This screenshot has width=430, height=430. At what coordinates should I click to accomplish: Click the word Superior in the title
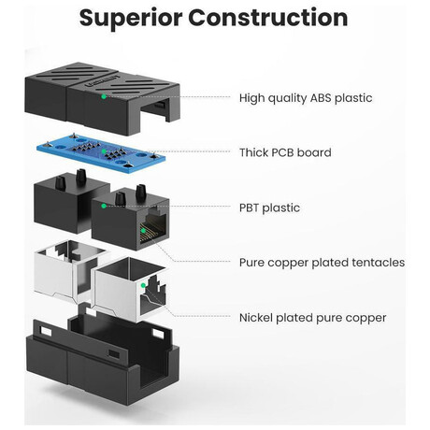[x=131, y=19]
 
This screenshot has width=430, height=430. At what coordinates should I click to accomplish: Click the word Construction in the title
[x=268, y=17]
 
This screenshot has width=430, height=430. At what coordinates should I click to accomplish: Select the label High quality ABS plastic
[x=306, y=98]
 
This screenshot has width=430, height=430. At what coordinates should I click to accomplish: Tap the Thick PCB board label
[x=285, y=152]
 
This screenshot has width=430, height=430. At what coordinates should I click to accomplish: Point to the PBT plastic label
[x=269, y=208]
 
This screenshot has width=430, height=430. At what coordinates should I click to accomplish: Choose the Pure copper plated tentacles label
[x=322, y=263]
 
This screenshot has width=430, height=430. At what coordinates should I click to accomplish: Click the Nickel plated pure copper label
[x=312, y=318]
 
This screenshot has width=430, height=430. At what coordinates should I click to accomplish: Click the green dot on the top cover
[x=104, y=96]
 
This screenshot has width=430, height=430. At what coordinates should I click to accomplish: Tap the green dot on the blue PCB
[x=104, y=151]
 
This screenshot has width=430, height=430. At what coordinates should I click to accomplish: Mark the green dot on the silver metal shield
[x=143, y=285]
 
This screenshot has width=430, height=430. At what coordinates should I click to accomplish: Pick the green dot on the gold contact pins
[x=143, y=231]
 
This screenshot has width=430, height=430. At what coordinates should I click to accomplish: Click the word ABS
[x=321, y=98]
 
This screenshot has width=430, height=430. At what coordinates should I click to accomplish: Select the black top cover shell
[x=103, y=98]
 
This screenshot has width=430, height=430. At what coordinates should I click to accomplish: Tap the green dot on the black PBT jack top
[x=104, y=206]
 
